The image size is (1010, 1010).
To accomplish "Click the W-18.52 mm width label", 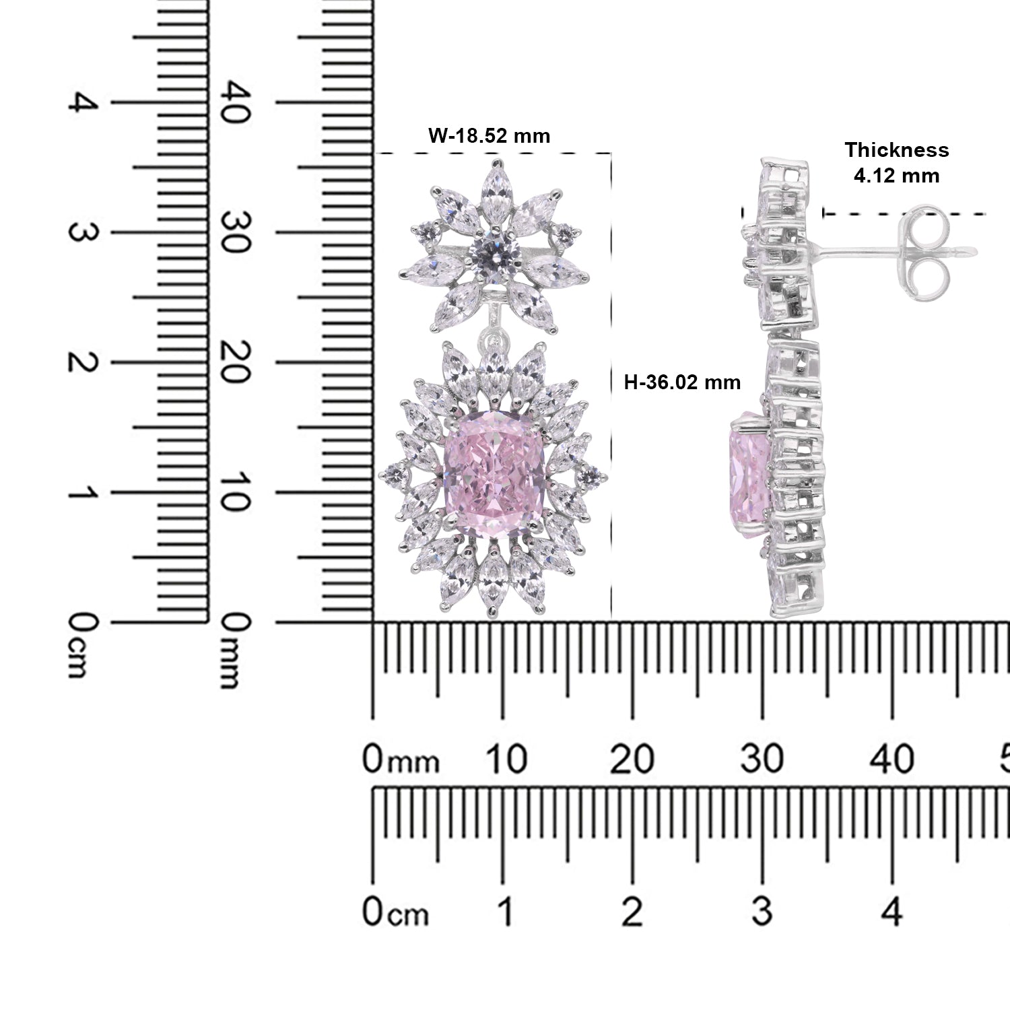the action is [490, 136].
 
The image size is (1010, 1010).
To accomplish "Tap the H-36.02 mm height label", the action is [682, 382].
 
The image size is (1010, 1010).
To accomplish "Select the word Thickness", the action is [897, 150].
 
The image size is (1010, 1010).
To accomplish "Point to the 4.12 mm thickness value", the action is [896, 176].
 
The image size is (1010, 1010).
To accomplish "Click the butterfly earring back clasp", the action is [924, 250].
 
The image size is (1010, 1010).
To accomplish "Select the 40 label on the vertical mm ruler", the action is [237, 102].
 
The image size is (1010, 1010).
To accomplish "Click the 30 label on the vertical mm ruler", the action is [237, 232].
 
